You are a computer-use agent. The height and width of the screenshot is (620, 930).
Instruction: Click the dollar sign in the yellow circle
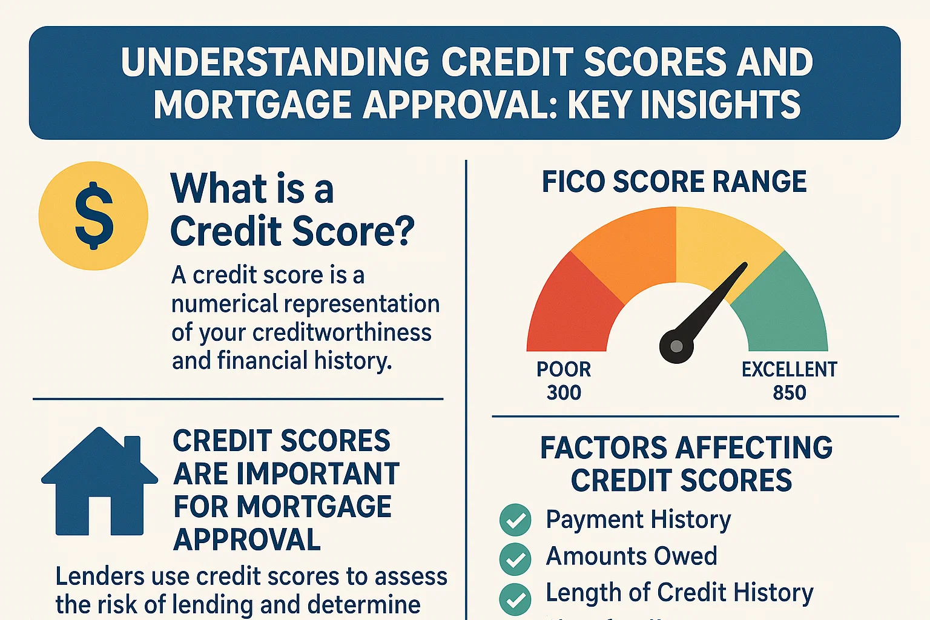(x=94, y=216)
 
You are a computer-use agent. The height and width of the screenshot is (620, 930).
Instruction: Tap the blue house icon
(x=99, y=484)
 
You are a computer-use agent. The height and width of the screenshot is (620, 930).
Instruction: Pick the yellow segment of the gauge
(x=721, y=242)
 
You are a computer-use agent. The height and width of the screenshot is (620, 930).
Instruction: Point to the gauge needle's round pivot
(x=676, y=346)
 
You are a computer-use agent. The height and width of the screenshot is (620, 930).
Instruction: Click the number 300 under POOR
(x=564, y=393)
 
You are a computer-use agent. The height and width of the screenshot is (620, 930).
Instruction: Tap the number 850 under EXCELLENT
(x=789, y=393)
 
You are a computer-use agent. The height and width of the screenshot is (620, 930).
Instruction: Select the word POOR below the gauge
(x=564, y=369)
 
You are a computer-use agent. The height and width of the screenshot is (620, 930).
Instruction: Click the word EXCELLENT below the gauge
(x=789, y=369)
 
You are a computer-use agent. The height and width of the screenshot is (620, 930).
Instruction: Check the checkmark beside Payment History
(x=515, y=520)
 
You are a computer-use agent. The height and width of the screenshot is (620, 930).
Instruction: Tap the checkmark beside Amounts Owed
(x=515, y=558)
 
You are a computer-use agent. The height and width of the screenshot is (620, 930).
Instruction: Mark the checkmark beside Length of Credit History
(x=515, y=599)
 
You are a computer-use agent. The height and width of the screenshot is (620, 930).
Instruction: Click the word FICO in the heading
(x=574, y=182)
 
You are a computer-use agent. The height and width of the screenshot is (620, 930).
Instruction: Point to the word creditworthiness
(x=341, y=332)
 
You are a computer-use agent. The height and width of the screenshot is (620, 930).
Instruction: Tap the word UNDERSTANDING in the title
(x=275, y=62)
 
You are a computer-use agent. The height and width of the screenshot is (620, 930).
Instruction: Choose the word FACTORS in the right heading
(x=604, y=448)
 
